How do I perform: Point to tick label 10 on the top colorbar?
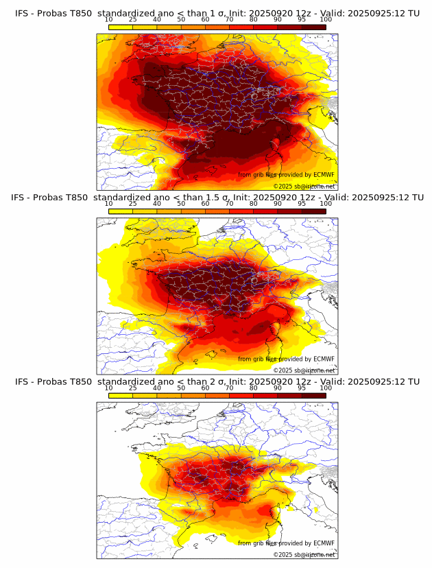pyautogui.click(x=108, y=20)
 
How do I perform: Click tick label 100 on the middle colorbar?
pyautogui.click(x=326, y=204)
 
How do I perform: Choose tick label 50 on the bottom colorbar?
pyautogui.click(x=181, y=388)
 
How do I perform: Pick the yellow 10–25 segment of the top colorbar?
pyautogui.click(x=121, y=27)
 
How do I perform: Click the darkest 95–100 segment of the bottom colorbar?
pyautogui.click(x=313, y=396)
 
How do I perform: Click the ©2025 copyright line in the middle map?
pyautogui.click(x=304, y=370)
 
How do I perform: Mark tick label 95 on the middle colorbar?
pyautogui.click(x=302, y=204)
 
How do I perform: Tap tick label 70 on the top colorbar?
pyautogui.click(x=229, y=20)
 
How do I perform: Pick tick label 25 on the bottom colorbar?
pyautogui.click(x=132, y=388)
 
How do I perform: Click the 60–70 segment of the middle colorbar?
pyautogui.click(x=217, y=211)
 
